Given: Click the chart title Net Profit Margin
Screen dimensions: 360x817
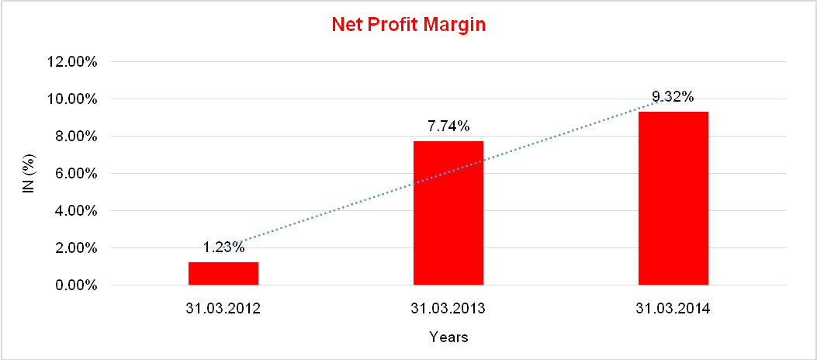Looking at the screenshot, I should coord(408,24).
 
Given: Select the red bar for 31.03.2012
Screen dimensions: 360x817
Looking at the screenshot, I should coord(223,274).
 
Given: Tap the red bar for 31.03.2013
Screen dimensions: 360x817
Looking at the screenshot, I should coord(448,213).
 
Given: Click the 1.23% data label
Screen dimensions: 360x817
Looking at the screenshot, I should coord(223,248).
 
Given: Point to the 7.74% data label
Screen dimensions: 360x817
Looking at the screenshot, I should coord(448,126).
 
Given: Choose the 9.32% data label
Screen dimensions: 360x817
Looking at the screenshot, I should coord(673,97).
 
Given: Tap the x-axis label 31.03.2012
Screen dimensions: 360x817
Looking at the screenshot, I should coord(223,309).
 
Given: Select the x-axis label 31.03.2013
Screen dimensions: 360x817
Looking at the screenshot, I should coord(448,309).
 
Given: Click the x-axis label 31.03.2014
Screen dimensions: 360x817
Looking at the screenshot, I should coord(673,309).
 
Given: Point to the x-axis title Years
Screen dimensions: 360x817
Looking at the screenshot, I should coord(448,337).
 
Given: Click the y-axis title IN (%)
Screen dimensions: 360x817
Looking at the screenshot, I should coord(29,174).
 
